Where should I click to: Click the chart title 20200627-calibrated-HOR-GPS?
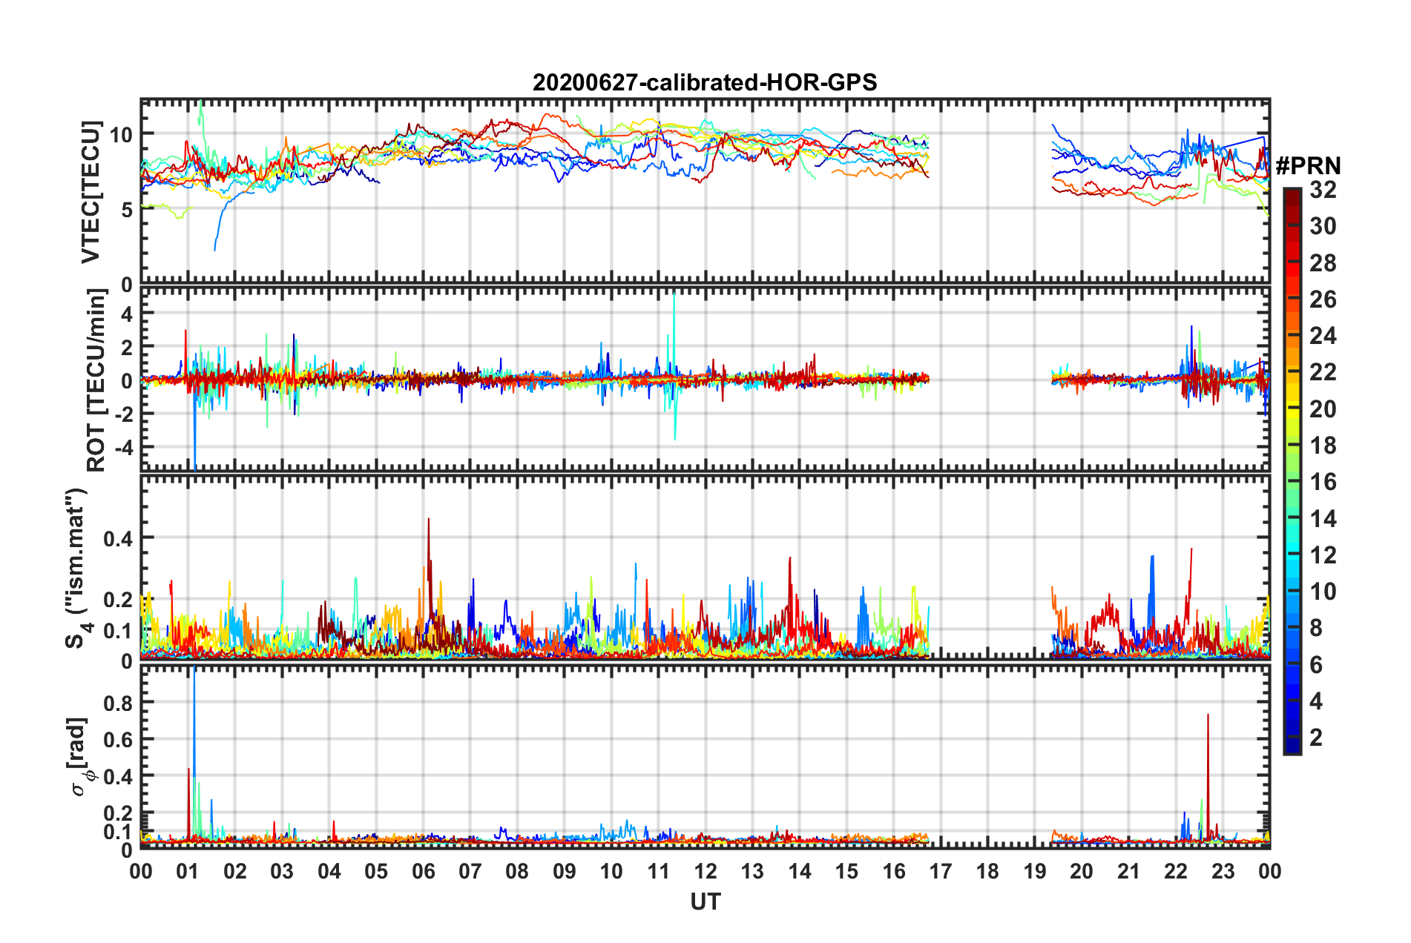click(x=705, y=82)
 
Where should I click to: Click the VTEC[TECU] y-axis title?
click(x=91, y=192)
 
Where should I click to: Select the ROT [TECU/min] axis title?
click(x=96, y=380)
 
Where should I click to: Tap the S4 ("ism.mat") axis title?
click(x=77, y=568)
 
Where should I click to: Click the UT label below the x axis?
click(x=705, y=901)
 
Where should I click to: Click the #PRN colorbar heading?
click(x=1308, y=165)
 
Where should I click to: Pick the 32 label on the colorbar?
click(x=1323, y=190)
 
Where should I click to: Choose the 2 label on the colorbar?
click(x=1316, y=737)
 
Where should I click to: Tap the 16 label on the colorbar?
click(x=1323, y=482)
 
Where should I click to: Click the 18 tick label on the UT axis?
click(x=987, y=871)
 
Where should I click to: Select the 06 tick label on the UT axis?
click(x=423, y=871)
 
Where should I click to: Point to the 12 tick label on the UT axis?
click(x=705, y=871)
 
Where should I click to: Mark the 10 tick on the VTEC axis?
click(x=121, y=134)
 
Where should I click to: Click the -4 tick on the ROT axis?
click(x=121, y=447)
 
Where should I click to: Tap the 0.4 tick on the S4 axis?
click(x=118, y=538)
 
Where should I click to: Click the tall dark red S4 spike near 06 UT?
click(x=428, y=520)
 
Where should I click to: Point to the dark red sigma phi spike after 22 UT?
click(x=1208, y=716)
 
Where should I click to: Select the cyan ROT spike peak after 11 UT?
click(x=674, y=295)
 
